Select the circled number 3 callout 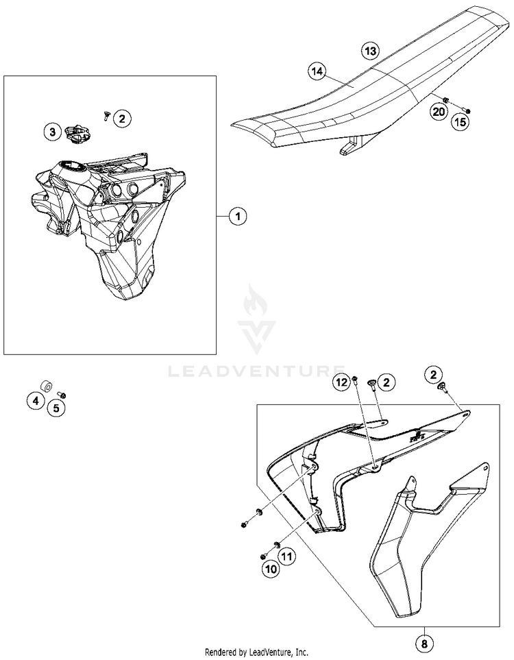click(53, 132)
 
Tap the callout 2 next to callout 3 click(121, 119)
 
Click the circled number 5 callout click(57, 409)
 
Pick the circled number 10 click(269, 568)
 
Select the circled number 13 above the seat click(369, 51)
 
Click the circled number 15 click(458, 122)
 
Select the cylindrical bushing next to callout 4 click(46, 385)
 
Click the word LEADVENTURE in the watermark click(256, 371)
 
